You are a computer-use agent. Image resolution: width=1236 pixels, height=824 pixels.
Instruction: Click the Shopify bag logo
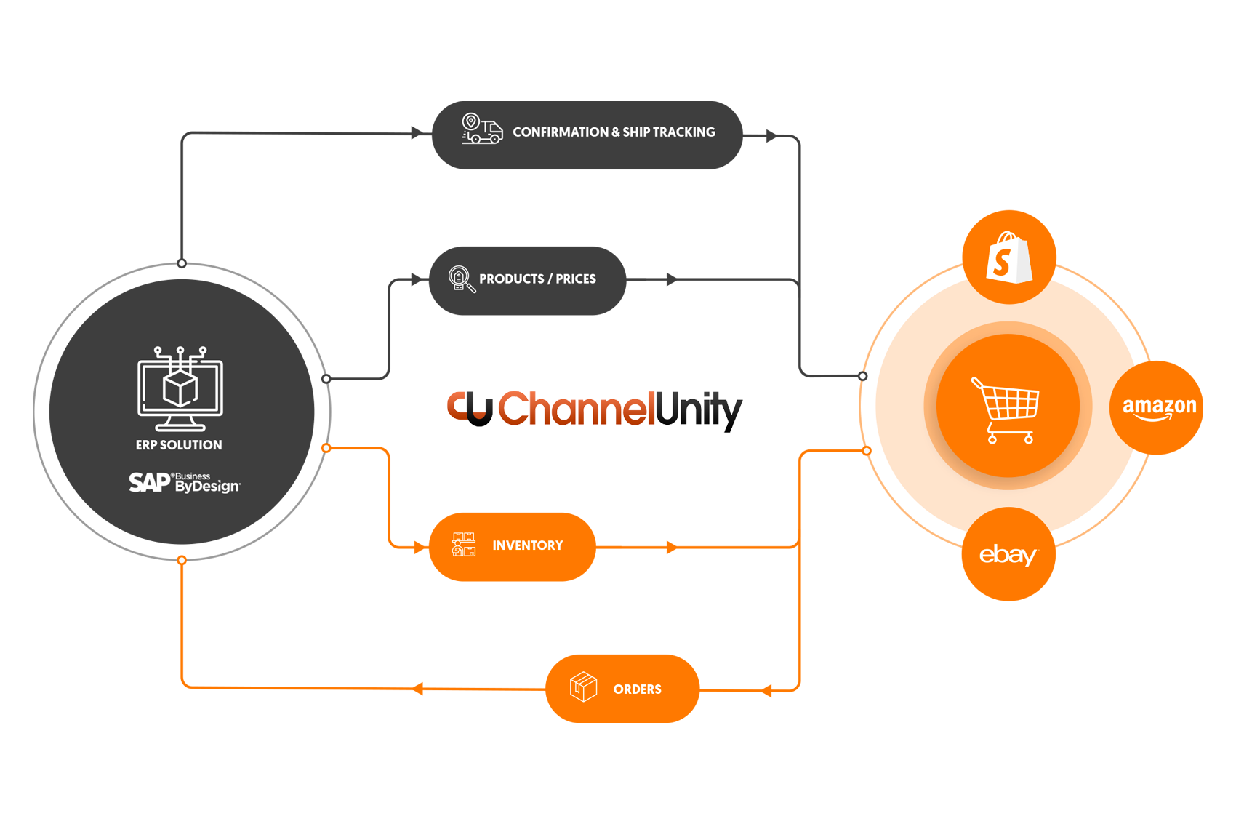[1009, 258]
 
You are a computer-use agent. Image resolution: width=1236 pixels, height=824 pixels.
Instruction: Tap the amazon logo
[1159, 408]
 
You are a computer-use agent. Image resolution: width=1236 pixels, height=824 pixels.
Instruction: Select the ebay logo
[1008, 556]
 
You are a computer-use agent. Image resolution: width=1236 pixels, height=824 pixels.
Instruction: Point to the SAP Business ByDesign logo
[184, 482]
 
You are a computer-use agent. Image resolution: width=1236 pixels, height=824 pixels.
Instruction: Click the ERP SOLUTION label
[179, 445]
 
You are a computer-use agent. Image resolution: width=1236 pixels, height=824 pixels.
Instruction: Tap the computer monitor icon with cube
[180, 389]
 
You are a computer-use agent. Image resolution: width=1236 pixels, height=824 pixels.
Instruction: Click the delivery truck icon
[482, 129]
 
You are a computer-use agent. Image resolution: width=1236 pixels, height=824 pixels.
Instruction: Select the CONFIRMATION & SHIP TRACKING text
[614, 132]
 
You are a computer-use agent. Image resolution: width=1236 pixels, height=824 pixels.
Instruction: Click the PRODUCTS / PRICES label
[537, 279]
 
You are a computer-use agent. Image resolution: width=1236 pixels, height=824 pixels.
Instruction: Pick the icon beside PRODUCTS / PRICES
[461, 279]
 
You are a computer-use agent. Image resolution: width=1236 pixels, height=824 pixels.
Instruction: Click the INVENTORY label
[527, 545]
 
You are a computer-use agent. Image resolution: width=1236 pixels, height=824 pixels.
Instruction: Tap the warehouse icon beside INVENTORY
[463, 545]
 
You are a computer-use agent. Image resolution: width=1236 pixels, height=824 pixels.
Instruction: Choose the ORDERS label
[637, 689]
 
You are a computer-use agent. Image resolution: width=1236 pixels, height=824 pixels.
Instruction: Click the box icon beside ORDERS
[583, 687]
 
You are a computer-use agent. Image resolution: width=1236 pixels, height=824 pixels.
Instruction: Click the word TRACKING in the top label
[684, 132]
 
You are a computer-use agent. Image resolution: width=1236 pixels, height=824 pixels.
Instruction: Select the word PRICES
[576, 279]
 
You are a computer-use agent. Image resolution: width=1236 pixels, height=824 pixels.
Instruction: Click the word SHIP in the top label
[636, 132]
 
